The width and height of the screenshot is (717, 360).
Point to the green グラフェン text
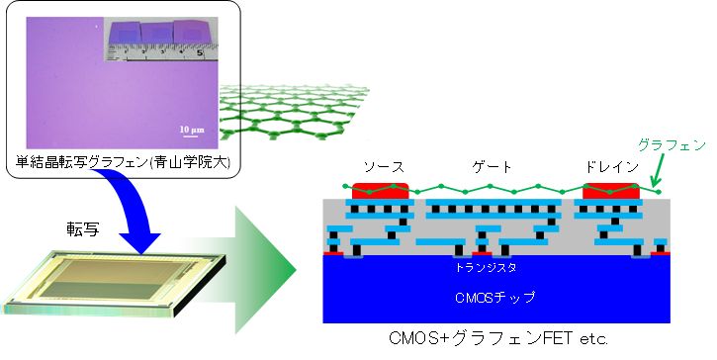coord(673,145)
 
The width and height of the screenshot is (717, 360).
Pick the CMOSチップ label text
coord(486,295)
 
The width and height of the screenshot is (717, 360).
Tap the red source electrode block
coord(375,190)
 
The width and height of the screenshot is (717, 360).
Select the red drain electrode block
coord(610,190)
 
